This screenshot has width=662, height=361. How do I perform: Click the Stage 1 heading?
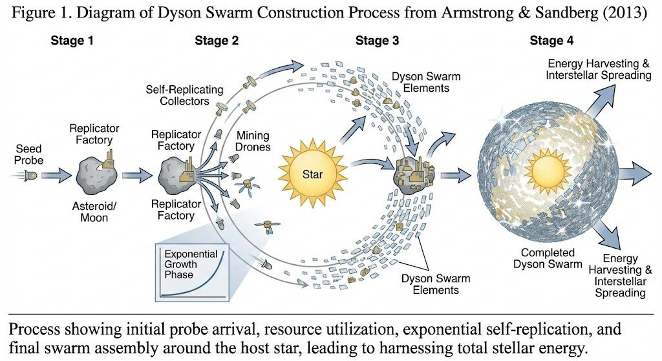pos(72,41)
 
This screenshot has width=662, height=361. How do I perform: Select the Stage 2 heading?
pos(217,41)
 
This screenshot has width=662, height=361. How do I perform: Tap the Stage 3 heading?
pos(377,41)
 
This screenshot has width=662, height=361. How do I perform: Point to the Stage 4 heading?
pos(551,41)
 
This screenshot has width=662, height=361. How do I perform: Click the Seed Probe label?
pos(28,154)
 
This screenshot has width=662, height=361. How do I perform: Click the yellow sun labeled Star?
pos(312,173)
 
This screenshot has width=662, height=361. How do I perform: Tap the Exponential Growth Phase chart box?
pos(191,271)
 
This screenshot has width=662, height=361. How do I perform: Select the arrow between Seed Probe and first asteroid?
pos(60,175)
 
